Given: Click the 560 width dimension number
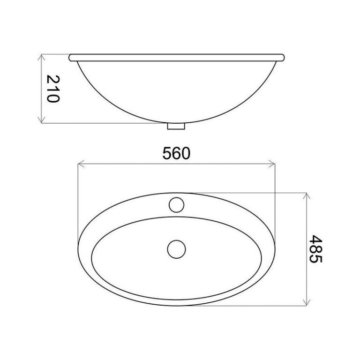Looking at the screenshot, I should point(177,153).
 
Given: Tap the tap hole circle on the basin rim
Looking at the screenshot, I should point(177,203).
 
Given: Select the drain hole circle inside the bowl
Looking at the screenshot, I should point(177,248).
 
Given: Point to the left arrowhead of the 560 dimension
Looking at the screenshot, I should point(80,164).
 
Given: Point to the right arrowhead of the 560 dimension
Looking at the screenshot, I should point(273,164).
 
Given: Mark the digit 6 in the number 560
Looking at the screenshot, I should point(177,153).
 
